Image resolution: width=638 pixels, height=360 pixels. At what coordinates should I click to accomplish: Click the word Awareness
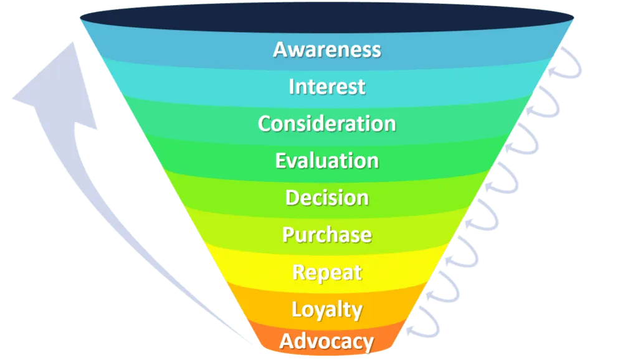tap(327, 49)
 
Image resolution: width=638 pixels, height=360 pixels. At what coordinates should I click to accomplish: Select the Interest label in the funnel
tap(327, 87)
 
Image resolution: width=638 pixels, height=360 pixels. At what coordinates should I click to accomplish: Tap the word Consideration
tap(327, 123)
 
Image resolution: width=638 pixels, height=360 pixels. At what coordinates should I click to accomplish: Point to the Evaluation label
tap(327, 161)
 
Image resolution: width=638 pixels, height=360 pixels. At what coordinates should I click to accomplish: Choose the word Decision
tap(327, 198)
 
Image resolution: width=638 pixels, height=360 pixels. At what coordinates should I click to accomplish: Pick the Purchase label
tap(327, 235)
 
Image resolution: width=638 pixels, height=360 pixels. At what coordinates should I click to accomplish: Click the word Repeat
tap(327, 273)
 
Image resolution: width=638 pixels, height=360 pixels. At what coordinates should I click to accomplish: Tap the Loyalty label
tap(327, 310)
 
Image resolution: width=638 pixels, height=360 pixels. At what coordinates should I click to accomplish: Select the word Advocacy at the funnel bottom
tap(327, 341)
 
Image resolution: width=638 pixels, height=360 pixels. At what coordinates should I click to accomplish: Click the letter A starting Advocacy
tap(287, 341)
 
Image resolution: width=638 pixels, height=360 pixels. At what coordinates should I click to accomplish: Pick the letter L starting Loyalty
tap(297, 310)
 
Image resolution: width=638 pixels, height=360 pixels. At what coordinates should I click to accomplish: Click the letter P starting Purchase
tap(288, 235)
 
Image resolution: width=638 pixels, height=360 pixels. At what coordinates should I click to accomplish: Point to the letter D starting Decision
tap(292, 198)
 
